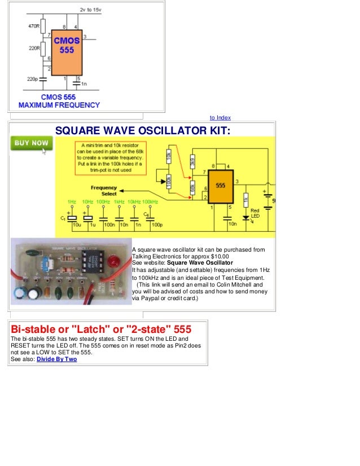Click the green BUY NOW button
pos(32,144)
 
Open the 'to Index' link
pos(220,117)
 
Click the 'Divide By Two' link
pos(56,359)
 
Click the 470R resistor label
pos(34,26)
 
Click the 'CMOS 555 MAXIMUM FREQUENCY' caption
pos(59,102)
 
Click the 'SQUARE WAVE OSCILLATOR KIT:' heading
pos(143,131)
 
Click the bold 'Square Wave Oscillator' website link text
pos(200,263)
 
